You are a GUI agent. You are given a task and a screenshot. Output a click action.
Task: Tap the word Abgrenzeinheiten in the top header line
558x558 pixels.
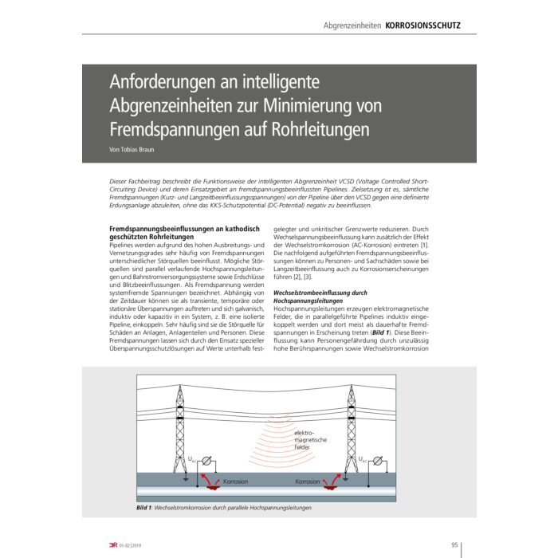click(x=352, y=26)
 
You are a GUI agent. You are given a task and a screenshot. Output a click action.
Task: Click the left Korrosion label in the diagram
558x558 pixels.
click(x=235, y=482)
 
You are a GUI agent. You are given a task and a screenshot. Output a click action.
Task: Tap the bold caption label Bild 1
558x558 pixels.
click(x=127, y=508)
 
